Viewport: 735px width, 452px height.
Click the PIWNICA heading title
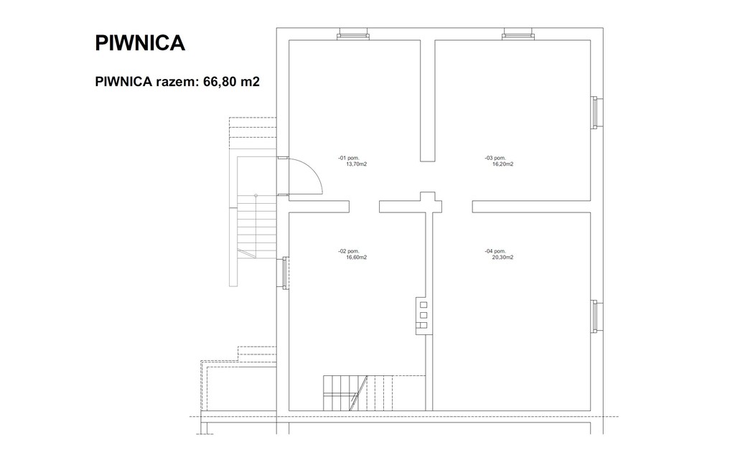coord(140,42)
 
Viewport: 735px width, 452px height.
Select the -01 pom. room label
coord(348,159)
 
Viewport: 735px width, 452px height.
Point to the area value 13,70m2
coord(356,164)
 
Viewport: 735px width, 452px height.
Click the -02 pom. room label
coord(348,252)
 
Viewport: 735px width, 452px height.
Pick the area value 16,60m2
coord(356,258)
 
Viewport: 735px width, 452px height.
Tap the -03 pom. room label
coord(495,159)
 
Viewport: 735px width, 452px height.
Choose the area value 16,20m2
coord(503,164)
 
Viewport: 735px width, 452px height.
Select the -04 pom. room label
coord(495,252)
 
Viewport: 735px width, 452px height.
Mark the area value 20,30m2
coord(503,258)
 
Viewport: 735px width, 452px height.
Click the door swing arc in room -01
coord(316,169)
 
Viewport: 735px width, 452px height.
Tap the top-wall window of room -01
coord(353,34)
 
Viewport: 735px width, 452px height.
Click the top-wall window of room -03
coord(518,34)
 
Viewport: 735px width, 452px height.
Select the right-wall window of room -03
coord(595,113)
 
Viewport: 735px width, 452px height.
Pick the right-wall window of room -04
coord(595,316)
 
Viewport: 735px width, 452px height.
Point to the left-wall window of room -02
coord(284,273)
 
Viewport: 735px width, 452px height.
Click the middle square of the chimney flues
coord(423,315)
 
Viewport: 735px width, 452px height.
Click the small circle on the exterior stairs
coord(256,195)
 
